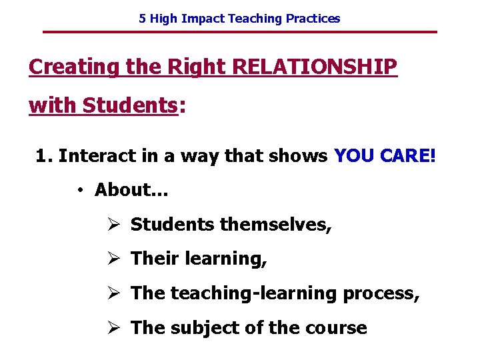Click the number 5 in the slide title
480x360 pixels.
point(142,19)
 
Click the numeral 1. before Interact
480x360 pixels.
point(44,156)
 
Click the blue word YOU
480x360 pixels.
point(354,156)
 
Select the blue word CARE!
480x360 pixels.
point(407,156)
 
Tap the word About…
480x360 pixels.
point(131,190)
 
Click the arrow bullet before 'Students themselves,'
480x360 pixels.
point(113,225)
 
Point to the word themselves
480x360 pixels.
point(275,225)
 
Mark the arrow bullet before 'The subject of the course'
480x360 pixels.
point(113,328)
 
